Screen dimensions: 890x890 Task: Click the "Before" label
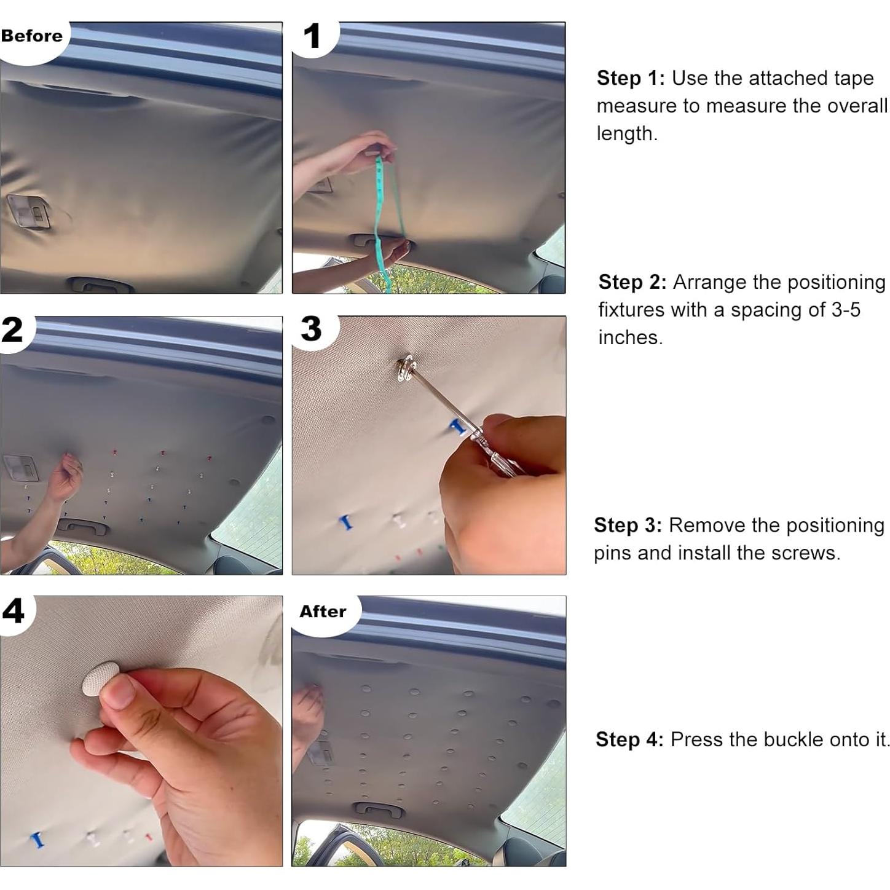(x=31, y=36)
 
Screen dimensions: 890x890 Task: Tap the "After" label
(x=322, y=612)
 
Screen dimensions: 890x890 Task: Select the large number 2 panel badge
(x=12, y=330)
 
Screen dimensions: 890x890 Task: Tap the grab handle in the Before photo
(x=100, y=285)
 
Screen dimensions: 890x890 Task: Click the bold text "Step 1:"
(x=631, y=79)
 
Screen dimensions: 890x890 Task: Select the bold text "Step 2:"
(x=632, y=282)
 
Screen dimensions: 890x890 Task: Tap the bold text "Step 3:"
(x=628, y=525)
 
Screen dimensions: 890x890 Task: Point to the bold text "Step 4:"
(x=629, y=739)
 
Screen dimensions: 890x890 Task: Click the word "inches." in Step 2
(x=631, y=337)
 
